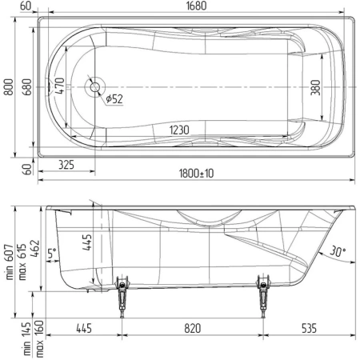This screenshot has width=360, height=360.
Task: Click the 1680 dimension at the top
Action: [x=196, y=6]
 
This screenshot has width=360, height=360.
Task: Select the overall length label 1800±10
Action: [x=196, y=174]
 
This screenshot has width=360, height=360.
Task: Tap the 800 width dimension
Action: [x=9, y=87]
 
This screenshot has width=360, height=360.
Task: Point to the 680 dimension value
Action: [x=27, y=87]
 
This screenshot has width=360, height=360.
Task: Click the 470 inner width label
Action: [x=59, y=86]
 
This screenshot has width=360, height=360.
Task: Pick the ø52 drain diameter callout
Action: [x=114, y=99]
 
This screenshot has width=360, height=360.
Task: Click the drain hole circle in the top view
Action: [x=94, y=87]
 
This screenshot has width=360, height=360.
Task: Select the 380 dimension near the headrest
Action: [x=315, y=87]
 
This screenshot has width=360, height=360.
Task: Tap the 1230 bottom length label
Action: [x=179, y=130]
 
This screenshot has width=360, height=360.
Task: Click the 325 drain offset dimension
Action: [x=66, y=165]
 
